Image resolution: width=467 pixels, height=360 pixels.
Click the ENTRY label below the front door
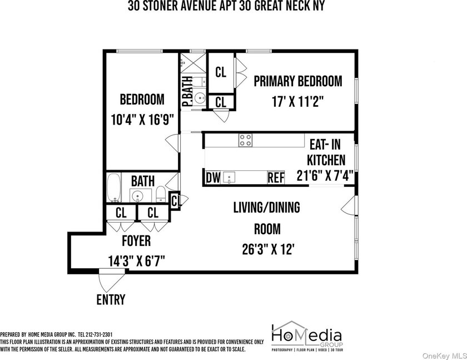(x=111, y=299)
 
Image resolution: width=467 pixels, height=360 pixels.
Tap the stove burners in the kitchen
(x=245, y=140)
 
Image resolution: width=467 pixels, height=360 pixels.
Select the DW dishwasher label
(x=213, y=178)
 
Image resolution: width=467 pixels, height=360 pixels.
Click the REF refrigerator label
(x=276, y=178)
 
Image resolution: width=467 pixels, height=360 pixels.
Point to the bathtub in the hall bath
(x=113, y=188)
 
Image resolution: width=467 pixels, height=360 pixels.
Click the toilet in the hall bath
(x=161, y=194)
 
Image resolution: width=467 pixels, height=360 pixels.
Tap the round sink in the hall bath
(x=137, y=196)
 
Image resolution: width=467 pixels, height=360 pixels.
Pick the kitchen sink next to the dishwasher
(x=229, y=177)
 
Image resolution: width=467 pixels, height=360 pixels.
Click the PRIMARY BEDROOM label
(x=298, y=81)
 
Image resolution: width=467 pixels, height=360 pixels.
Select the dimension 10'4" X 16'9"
(x=142, y=120)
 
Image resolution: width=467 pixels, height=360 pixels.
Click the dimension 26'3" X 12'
(x=268, y=249)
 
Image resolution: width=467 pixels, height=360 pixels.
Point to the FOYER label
(x=136, y=241)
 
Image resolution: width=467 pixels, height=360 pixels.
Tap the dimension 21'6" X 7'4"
(x=325, y=175)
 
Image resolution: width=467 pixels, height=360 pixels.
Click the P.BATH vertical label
(x=187, y=91)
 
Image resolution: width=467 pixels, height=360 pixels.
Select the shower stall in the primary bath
(x=193, y=63)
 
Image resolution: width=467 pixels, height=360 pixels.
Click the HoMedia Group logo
(x=307, y=336)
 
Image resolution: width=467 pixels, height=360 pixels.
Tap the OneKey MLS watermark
(x=444, y=356)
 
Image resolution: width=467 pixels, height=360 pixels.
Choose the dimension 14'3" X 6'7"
(x=136, y=262)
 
